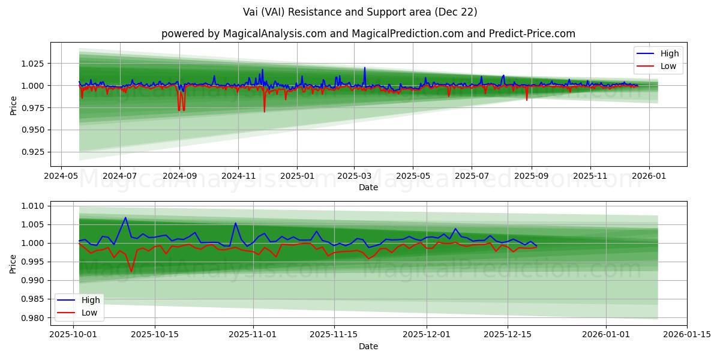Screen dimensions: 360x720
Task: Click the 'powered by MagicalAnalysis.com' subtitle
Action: pos(368,34)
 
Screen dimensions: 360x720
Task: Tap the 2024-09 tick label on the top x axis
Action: pos(179,176)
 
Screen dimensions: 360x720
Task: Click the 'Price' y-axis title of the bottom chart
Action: pos(14,263)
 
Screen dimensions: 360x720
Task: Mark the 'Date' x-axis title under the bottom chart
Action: pos(368,346)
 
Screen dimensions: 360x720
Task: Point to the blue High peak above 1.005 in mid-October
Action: pos(125,218)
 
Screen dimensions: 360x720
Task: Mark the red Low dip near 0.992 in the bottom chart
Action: pos(131,272)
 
